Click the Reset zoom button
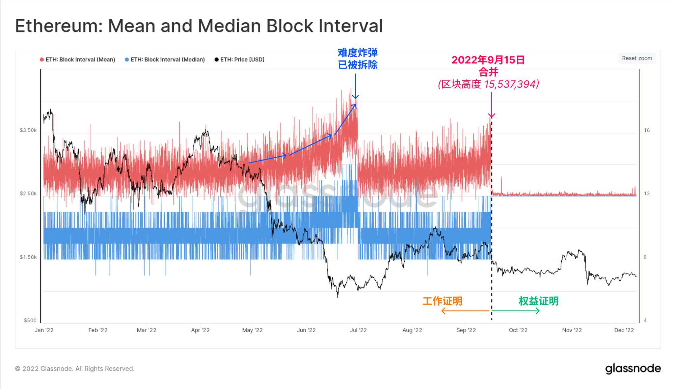pos(637,58)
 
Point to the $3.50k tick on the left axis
pos(28,130)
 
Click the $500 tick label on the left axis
pos(30,320)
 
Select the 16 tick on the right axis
pos(647,130)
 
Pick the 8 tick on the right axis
pos(645,257)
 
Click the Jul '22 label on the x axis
pos(358,330)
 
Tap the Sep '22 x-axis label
pos(466,330)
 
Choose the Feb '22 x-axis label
pos(98,330)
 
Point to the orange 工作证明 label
pos(442,301)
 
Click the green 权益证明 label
pos(539,301)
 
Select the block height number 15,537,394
pos(511,84)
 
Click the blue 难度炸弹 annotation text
pos(358,53)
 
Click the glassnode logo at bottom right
pos(633,369)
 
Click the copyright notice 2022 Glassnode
pos(75,369)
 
